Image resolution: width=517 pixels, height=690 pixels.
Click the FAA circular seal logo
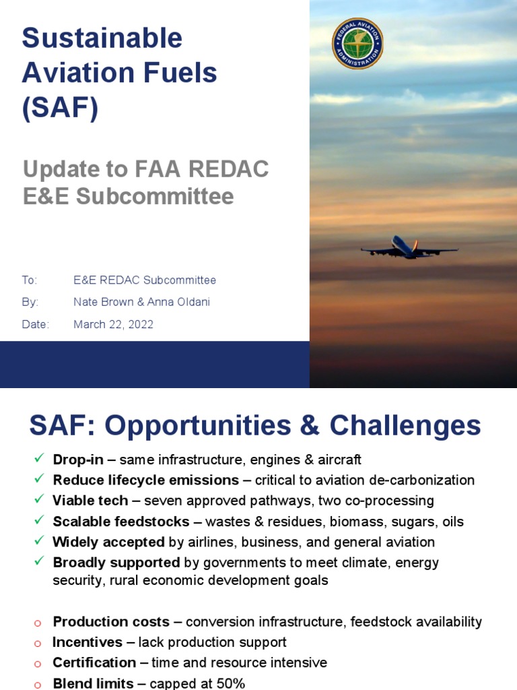click(x=357, y=43)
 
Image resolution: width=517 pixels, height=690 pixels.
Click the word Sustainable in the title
click(x=102, y=38)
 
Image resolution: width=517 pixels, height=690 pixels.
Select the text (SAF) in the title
click(x=60, y=108)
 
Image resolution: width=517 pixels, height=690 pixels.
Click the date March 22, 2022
click(x=113, y=324)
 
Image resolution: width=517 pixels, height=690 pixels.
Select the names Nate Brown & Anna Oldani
click(x=141, y=302)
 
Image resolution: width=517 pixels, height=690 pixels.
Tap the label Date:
click(x=36, y=324)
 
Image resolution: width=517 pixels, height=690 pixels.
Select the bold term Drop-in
click(x=78, y=460)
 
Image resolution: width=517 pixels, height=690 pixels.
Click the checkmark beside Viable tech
click(x=38, y=500)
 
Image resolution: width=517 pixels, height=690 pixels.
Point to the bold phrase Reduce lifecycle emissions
click(x=145, y=480)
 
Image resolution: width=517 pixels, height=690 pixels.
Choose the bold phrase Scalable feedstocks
click(x=121, y=521)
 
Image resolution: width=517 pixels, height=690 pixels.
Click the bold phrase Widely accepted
click(x=108, y=542)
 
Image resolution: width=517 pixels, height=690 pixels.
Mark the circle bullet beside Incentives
click(x=38, y=643)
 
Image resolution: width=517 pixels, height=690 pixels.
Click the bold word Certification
click(x=94, y=662)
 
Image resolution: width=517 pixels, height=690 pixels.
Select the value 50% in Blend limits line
click(x=230, y=683)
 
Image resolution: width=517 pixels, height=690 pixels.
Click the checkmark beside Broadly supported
click(x=38, y=561)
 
